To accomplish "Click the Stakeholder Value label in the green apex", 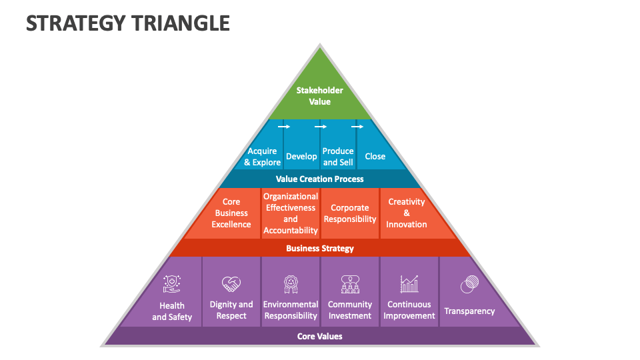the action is click(x=319, y=96).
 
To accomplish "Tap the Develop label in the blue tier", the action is click(x=301, y=156).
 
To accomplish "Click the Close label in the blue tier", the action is click(x=375, y=156).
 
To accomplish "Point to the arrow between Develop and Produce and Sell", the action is click(x=321, y=127).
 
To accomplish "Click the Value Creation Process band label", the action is click(x=319, y=179).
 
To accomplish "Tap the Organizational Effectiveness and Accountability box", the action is click(x=290, y=213).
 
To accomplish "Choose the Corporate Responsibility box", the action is click(x=350, y=213).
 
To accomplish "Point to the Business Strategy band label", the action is click(x=319, y=248).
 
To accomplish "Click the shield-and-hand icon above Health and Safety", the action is click(x=172, y=284).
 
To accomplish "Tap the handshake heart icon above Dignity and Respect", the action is click(x=231, y=284).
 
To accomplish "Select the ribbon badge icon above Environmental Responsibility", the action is click(x=291, y=284).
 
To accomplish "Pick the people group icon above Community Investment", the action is click(x=350, y=284).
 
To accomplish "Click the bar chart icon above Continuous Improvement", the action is click(x=409, y=284).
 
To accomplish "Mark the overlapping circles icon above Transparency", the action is click(x=469, y=284).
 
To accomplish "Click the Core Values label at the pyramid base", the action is click(x=319, y=336).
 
